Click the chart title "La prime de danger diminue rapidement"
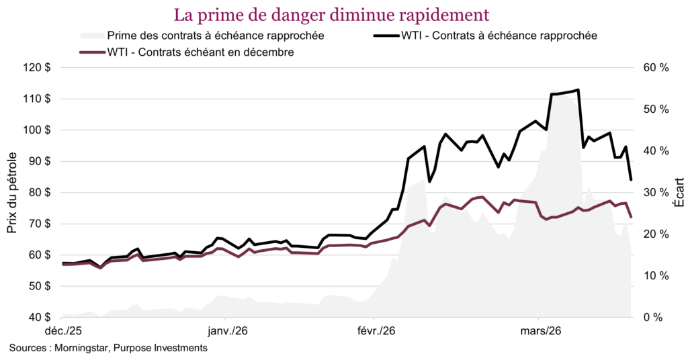[x=331, y=14]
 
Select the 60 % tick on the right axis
[x=655, y=68]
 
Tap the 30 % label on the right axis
[x=655, y=193]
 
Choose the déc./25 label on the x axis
[x=63, y=331]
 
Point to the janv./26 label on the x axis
[x=226, y=331]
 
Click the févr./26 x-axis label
[x=374, y=331]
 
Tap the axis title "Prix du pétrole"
[x=12, y=193]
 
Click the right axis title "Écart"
[x=678, y=193]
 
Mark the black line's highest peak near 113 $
[x=578, y=90]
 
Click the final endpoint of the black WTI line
[x=631, y=179]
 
